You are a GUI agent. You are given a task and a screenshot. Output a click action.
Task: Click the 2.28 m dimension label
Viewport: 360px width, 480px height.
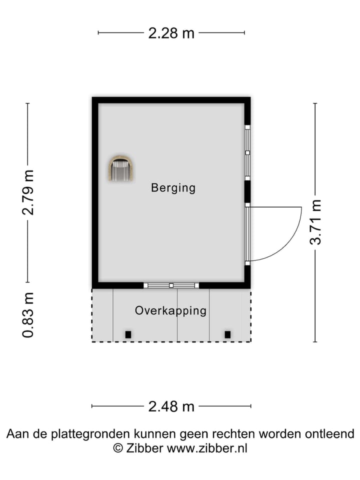pos(171,33)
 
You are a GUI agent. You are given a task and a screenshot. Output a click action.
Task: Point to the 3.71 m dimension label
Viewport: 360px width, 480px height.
pos(315,222)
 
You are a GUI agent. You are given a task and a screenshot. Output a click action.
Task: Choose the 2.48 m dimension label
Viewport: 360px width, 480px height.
pos(171,406)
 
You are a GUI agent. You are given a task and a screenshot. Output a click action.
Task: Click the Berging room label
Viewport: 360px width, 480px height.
pos(173,188)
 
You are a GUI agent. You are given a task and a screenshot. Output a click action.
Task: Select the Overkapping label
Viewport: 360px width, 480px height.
pos(170,310)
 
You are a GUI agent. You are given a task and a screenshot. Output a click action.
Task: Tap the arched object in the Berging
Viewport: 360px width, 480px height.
pos(121,168)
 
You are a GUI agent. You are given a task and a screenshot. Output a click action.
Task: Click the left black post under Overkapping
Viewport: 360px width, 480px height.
pos(128,334)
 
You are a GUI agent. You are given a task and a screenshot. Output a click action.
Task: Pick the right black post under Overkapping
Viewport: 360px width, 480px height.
pos(227,334)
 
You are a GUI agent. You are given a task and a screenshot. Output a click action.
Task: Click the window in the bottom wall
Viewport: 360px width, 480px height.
pos(171,285)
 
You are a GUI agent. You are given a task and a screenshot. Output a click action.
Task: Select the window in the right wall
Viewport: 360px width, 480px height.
pos(247,152)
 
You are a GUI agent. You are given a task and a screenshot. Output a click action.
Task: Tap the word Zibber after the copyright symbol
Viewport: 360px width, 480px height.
pos(144,448)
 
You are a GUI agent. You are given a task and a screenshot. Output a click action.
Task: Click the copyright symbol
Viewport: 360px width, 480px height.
pos(118,448)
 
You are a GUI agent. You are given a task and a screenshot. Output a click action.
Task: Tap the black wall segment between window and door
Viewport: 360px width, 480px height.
pos(247,191)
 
